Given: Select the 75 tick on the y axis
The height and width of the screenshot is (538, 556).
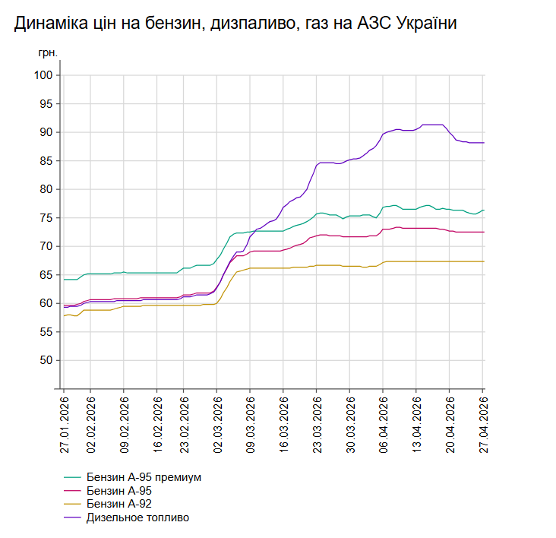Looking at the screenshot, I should click(x=46, y=218).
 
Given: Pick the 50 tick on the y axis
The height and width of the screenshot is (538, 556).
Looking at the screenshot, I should click(x=46, y=360).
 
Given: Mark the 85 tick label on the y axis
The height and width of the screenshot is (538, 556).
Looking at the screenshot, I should click(x=46, y=161).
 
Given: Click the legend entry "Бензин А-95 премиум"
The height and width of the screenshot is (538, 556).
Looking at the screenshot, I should click(x=143, y=477).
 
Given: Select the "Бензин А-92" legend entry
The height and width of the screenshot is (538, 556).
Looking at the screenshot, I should click(x=124, y=504).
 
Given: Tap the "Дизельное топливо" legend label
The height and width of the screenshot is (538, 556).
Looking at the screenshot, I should click(x=137, y=517).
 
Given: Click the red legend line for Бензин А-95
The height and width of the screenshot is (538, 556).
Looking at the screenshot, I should click(x=73, y=491).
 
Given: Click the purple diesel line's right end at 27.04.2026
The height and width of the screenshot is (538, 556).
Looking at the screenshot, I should click(x=483, y=143).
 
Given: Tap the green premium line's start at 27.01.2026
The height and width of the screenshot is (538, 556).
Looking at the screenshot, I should click(x=65, y=280).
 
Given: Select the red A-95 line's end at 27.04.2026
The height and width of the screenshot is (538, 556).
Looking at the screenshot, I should click(x=483, y=232).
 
